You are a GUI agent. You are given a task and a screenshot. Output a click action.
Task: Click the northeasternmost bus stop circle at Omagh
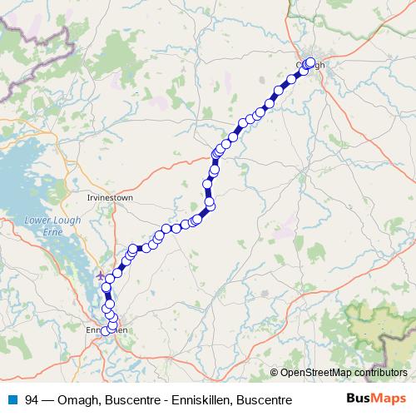tap(312, 62)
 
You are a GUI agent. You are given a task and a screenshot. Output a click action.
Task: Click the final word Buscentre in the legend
tap(265, 399)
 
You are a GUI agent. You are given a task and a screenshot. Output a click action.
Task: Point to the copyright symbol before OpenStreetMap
tap(274, 372)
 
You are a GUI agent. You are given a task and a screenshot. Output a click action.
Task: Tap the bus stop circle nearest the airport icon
tap(109, 278)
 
